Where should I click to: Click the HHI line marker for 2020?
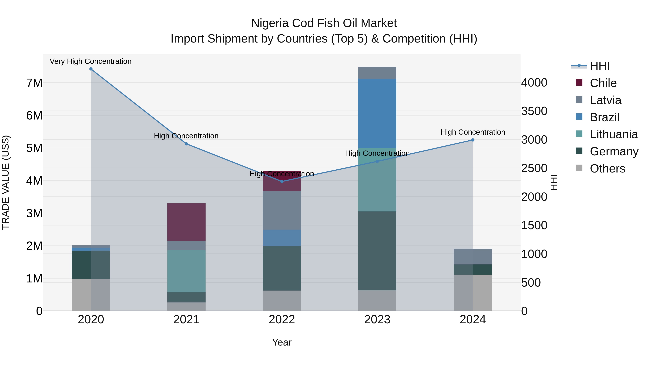click(91, 69)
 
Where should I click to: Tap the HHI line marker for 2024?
click(473, 140)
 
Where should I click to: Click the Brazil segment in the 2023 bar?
click(377, 113)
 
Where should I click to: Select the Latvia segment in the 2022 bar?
click(282, 210)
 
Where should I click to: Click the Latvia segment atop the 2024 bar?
click(473, 256)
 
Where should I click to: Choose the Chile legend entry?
click(603, 83)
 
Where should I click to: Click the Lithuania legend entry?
click(614, 134)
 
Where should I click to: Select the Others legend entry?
click(607, 169)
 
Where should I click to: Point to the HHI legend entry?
click(600, 66)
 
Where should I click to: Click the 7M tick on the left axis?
click(34, 83)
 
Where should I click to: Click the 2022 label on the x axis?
click(282, 320)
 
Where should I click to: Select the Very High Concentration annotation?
click(91, 61)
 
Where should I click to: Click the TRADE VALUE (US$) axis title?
click(6, 182)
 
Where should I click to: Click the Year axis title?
click(282, 342)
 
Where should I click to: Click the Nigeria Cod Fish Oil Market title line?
click(324, 23)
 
